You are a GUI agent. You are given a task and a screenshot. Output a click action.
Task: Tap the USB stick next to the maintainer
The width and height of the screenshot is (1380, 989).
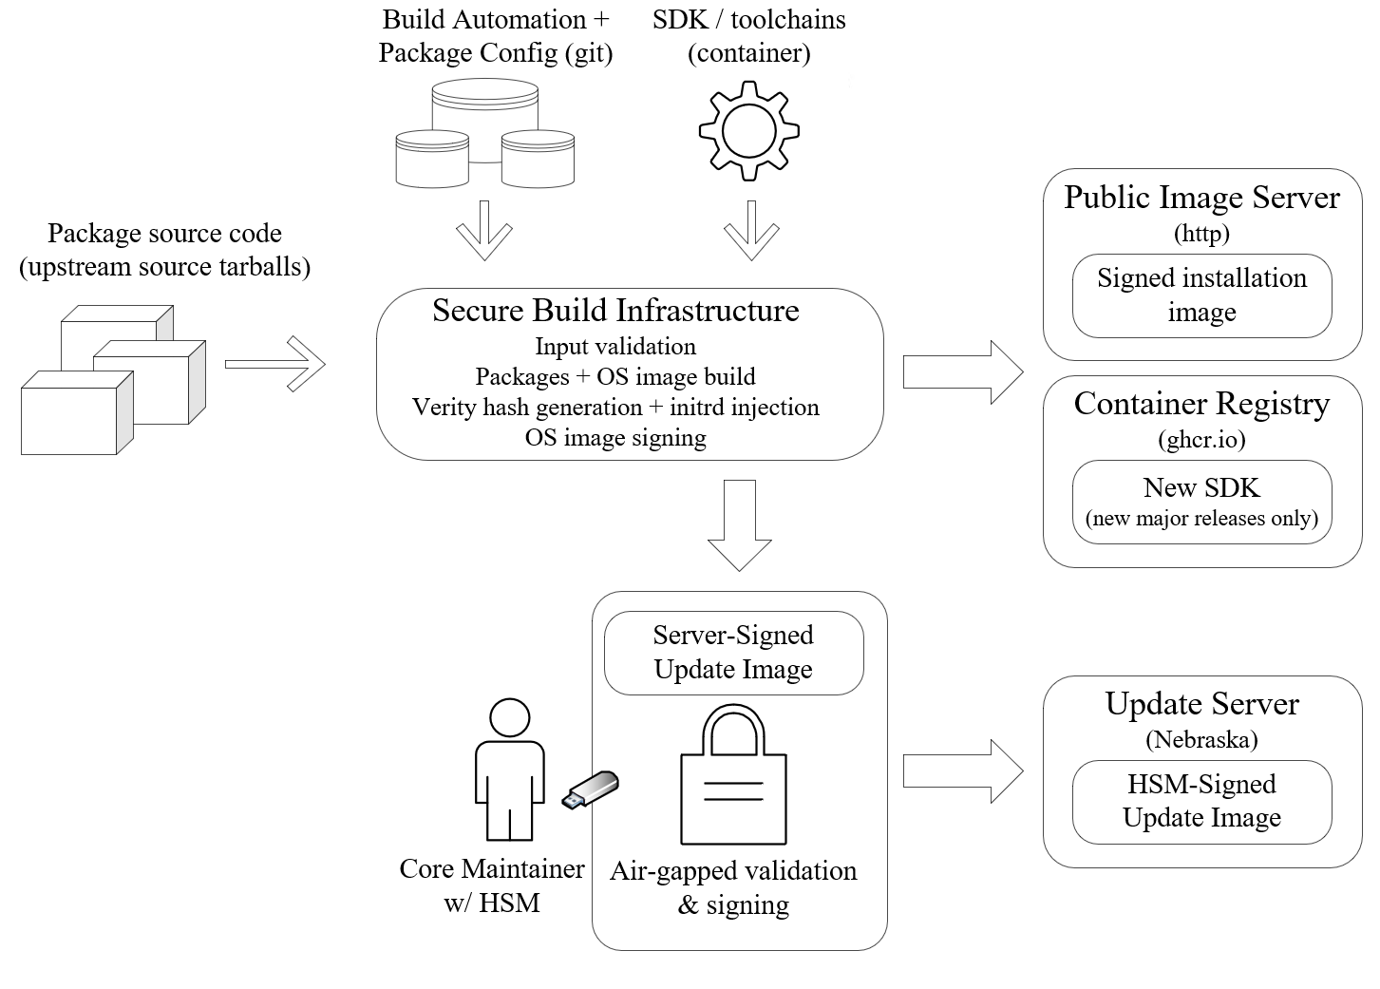(x=591, y=789)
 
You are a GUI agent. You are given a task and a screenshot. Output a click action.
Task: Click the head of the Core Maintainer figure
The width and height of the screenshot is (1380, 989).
(x=509, y=720)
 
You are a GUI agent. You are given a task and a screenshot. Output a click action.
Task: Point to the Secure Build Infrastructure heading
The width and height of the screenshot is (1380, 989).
(x=615, y=311)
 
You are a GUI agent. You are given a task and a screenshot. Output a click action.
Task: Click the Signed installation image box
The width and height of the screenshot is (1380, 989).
(x=1201, y=295)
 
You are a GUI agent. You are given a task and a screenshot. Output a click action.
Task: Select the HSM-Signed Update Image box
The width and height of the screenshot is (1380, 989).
(x=1201, y=801)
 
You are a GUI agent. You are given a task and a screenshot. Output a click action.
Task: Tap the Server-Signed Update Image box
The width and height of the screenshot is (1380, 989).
(x=733, y=652)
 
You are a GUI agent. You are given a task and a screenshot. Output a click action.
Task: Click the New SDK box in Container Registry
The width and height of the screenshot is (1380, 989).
(x=1201, y=502)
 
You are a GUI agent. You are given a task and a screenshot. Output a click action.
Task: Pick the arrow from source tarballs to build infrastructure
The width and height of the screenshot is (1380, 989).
(x=275, y=363)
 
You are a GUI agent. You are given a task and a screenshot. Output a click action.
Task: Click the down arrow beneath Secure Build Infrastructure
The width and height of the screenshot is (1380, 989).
(x=739, y=524)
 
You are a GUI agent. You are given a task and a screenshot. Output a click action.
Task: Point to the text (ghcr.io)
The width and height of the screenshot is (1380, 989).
(x=1201, y=439)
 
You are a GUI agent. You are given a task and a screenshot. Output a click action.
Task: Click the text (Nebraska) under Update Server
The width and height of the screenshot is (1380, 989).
(x=1201, y=739)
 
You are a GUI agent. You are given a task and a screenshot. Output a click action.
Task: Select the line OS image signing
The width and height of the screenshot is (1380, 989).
(x=615, y=438)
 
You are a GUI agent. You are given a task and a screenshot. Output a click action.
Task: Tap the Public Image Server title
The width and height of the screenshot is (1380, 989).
(x=1201, y=198)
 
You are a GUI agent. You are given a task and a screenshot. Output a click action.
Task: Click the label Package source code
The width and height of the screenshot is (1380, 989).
(x=164, y=234)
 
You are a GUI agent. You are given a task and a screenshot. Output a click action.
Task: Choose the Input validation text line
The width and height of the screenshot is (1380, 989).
(x=615, y=347)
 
